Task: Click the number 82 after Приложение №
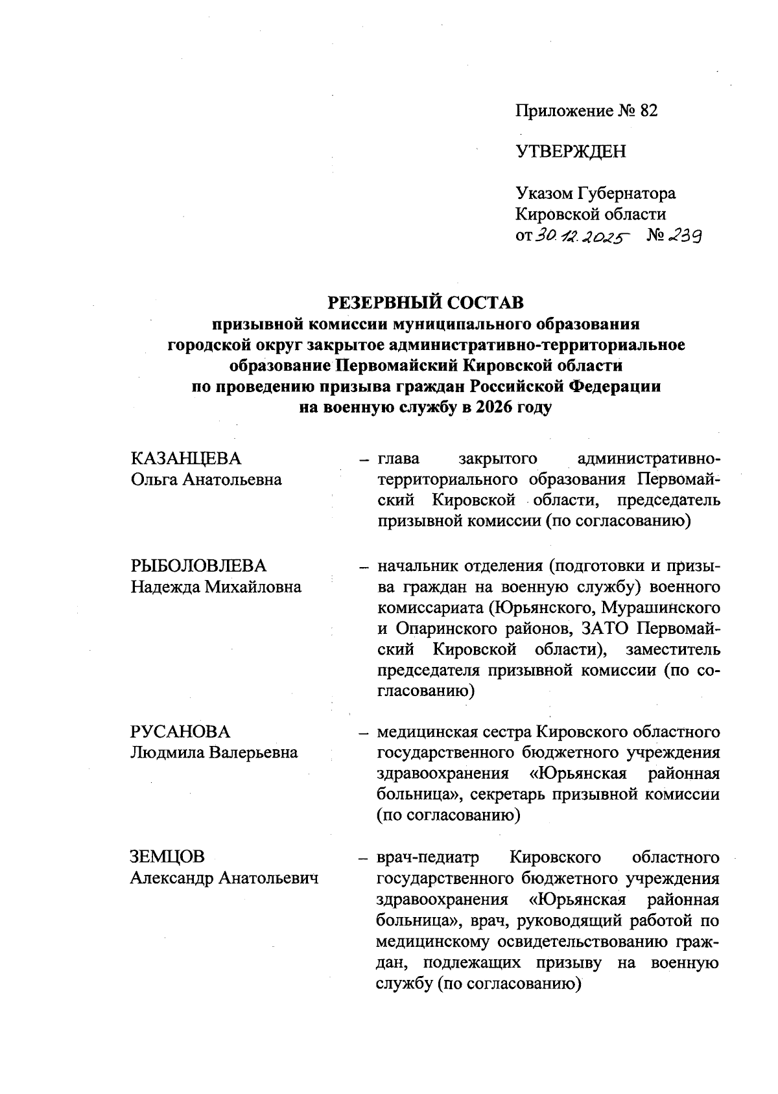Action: pos(648,111)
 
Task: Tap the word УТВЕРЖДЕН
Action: pos(571,152)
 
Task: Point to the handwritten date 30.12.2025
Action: pos(582,238)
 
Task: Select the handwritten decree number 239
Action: pos(681,237)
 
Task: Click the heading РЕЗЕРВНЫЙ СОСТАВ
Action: pos(425,303)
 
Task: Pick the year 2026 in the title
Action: pos(484,408)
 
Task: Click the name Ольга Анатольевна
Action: pos(206,480)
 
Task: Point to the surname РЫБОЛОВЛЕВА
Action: pos(198,566)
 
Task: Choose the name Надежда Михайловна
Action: pos(216,587)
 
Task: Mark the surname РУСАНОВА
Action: pos(180,732)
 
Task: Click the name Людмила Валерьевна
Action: pos(214,752)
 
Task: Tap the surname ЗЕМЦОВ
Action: pos(167,857)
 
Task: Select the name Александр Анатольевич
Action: pos(224,878)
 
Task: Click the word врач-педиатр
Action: pos(428,857)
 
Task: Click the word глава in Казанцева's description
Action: pos(399,459)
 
